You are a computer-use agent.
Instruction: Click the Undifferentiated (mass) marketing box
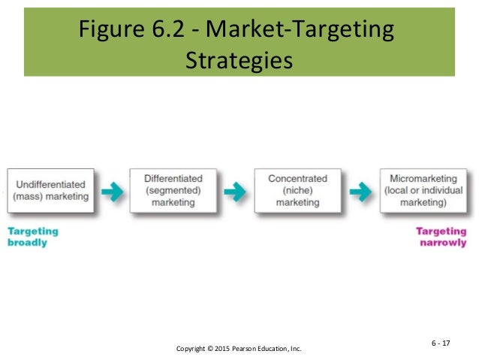click(51, 190)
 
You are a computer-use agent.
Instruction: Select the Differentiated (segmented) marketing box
click(173, 190)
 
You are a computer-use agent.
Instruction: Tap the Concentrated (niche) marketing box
click(298, 190)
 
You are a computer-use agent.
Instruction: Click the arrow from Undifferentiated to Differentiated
click(113, 192)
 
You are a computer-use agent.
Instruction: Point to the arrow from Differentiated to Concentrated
click(235, 192)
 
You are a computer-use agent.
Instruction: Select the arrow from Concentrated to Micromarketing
click(360, 192)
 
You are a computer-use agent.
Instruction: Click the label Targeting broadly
click(32, 237)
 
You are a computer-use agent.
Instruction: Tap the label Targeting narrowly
click(441, 237)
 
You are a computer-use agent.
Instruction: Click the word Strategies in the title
click(238, 59)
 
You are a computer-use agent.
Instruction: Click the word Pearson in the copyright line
click(255, 349)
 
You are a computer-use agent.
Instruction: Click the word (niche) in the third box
click(298, 190)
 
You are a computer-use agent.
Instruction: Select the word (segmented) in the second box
click(173, 190)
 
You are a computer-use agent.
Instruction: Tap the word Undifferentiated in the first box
click(51, 184)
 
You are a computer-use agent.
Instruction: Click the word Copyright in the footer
click(192, 349)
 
